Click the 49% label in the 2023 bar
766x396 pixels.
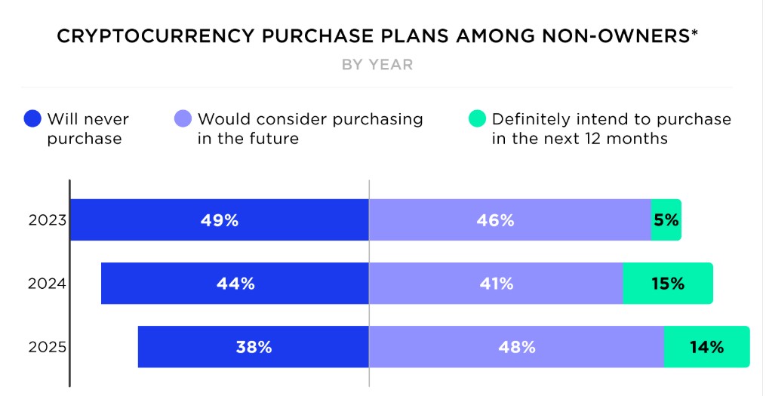(x=220, y=220)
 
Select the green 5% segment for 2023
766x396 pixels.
(x=666, y=220)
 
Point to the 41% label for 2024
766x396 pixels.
(x=496, y=284)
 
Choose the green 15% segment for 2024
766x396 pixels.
(x=667, y=284)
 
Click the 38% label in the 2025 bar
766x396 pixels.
(x=254, y=347)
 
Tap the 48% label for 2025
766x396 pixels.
(x=517, y=347)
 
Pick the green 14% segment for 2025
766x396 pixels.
(x=706, y=347)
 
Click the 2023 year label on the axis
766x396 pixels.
(x=48, y=221)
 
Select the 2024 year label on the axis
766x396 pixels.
(x=48, y=284)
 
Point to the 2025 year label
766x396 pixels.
(x=48, y=348)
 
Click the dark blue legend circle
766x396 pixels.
(x=32, y=119)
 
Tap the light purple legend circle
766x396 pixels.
(x=183, y=119)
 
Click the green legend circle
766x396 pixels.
(x=477, y=119)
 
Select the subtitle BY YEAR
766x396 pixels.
(x=377, y=65)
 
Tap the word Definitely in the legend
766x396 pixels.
(x=526, y=119)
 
